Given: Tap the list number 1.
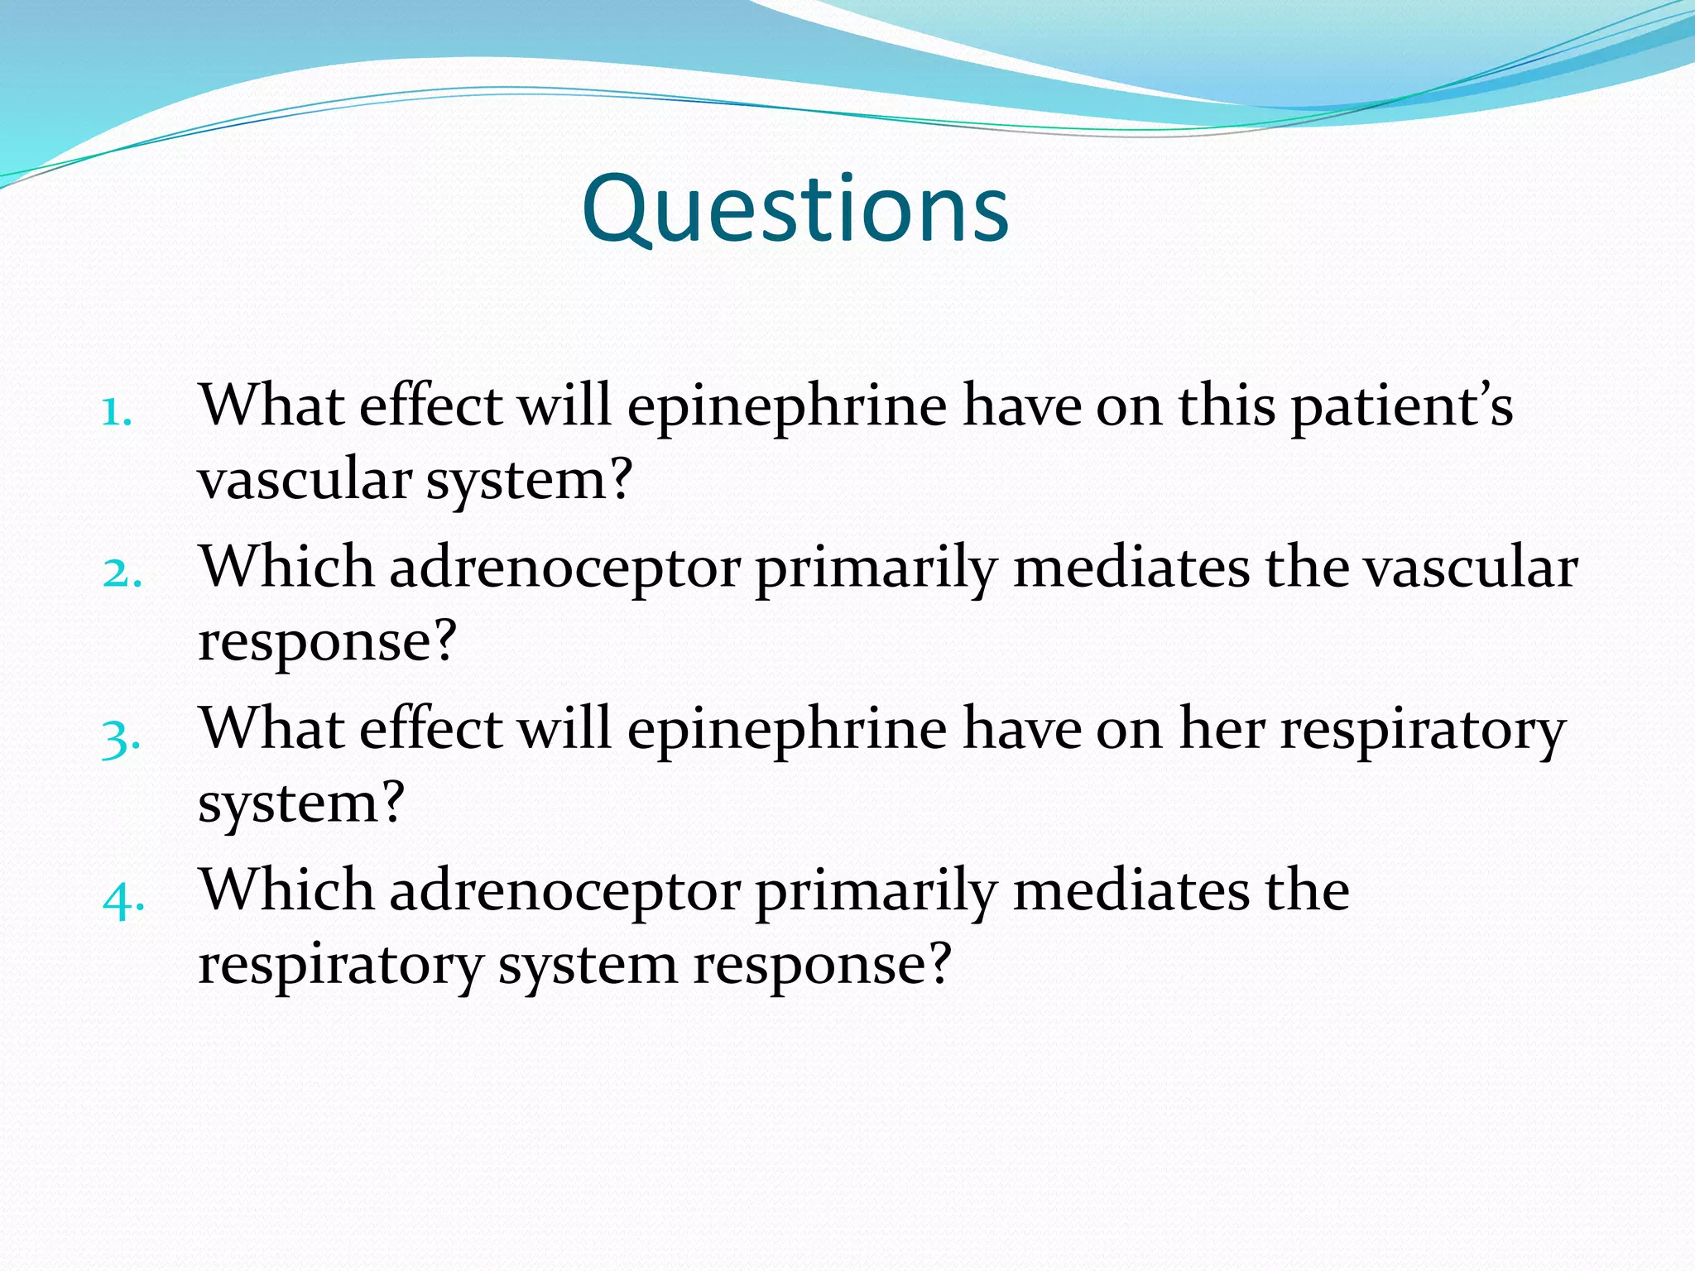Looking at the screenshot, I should click(x=117, y=411).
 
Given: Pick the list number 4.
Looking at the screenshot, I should click(x=123, y=898).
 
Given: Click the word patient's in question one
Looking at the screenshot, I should click(x=1402, y=407).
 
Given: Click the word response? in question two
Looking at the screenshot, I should click(x=327, y=641).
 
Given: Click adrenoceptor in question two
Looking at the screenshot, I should click(x=564, y=569).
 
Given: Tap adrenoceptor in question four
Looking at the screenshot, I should click(x=564, y=892).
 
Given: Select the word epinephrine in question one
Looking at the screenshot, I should click(x=786, y=407).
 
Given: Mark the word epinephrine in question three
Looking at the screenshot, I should click(x=786, y=731).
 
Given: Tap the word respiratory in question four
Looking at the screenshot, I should click(x=340, y=966).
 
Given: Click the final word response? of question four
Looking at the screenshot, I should click(x=822, y=966).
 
